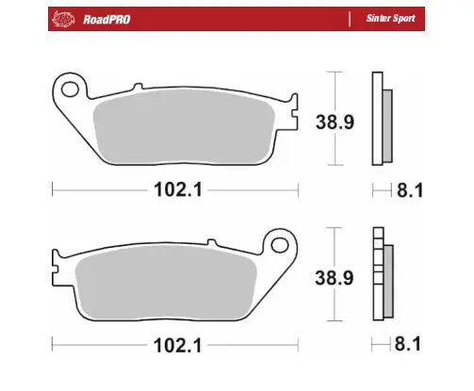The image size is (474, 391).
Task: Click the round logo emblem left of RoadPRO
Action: point(63,18)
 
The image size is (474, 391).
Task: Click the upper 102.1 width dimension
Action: point(174,190)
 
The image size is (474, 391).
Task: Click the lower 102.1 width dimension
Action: point(174,347)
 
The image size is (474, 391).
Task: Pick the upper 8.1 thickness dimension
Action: point(411,190)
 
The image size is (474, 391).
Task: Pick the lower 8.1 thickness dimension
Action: point(411,347)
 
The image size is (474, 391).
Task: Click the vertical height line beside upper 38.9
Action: point(328,117)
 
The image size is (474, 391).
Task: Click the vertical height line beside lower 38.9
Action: point(328,273)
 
